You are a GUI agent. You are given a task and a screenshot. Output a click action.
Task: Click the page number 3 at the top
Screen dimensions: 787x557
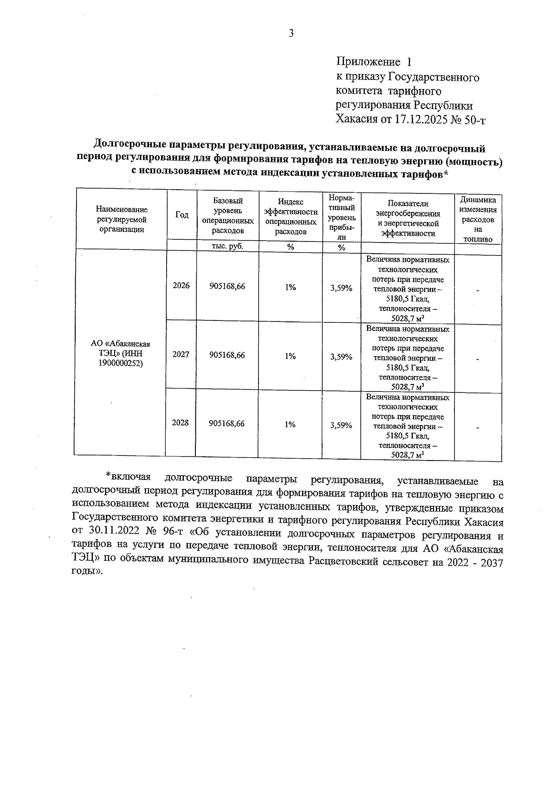(291, 33)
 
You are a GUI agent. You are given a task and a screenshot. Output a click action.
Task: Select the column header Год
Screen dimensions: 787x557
(182, 215)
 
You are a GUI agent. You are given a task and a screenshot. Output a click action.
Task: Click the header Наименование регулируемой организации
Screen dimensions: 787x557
(122, 219)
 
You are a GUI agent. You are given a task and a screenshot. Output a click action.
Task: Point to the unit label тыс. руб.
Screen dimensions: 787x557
(227, 247)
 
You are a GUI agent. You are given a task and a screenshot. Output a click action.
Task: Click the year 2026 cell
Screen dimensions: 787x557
(181, 286)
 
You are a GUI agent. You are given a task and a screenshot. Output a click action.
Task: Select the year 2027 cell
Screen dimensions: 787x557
(181, 355)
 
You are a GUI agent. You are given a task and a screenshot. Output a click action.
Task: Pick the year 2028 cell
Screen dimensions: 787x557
(181, 423)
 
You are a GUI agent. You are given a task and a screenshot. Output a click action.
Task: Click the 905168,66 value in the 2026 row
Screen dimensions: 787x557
(227, 287)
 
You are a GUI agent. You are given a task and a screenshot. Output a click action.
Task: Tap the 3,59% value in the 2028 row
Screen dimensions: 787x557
(341, 425)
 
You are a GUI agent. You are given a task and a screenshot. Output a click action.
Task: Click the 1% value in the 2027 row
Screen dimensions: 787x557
(290, 356)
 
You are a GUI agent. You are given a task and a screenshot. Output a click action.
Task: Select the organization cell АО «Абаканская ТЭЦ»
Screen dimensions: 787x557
(121, 354)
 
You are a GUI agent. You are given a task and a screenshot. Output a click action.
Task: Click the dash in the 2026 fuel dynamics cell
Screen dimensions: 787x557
(477, 291)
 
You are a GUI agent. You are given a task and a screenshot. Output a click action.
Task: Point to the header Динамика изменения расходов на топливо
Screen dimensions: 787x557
(478, 219)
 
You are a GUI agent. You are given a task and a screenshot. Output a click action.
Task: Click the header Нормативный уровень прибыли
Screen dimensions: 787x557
(342, 217)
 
